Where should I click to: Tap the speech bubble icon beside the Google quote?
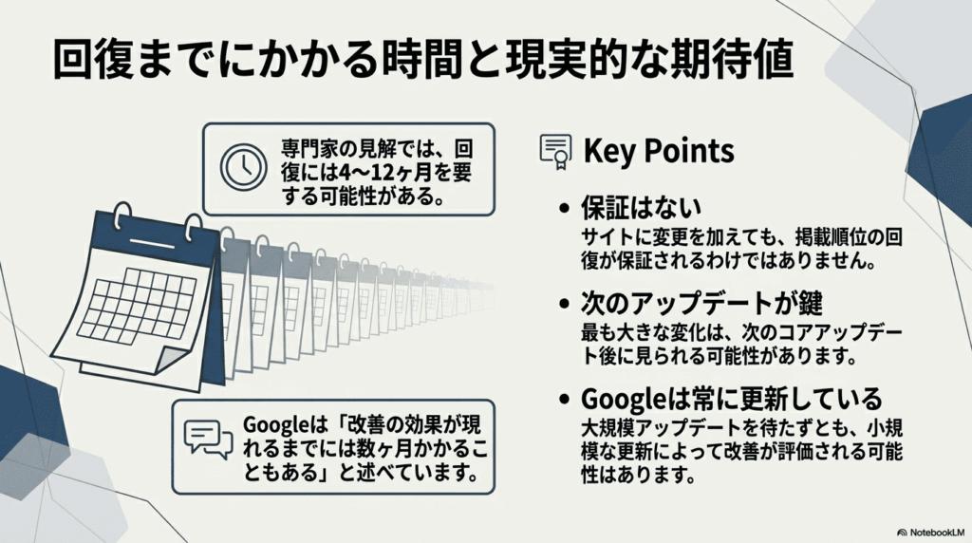207,440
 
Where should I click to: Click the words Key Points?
658,150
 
